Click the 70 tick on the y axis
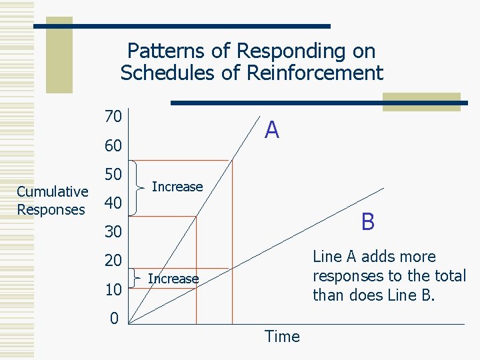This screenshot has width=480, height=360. coord(113,117)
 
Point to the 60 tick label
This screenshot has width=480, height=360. coord(113,145)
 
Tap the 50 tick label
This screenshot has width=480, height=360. coord(113,175)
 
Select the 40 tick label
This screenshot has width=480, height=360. coord(113,203)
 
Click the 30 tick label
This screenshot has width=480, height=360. coord(113,232)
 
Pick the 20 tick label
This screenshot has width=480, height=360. coord(113,261)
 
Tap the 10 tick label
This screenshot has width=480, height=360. coord(113,290)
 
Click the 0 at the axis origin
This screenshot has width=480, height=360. coord(114,318)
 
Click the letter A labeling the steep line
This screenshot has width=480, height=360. coord(271,130)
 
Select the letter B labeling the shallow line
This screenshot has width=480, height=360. coord(367,221)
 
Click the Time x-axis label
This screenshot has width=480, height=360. coord(282,337)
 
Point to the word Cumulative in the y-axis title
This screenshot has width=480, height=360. coord(52,192)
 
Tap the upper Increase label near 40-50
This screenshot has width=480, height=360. coord(177,187)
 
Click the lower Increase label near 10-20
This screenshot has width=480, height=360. coord(173,279)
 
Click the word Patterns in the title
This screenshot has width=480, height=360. coord(163,51)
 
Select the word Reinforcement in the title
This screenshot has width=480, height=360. coord(315,73)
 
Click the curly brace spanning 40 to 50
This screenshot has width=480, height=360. coord(137,188)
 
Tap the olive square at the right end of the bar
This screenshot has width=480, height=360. coord(421,101)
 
